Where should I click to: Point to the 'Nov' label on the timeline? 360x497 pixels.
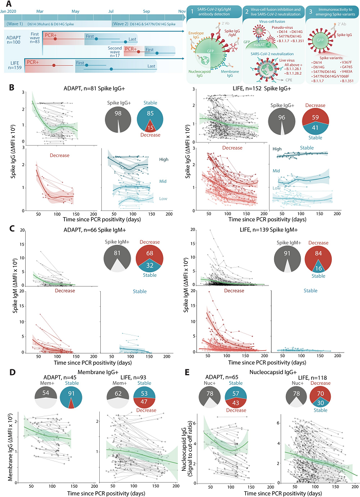[x=182, y=10]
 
